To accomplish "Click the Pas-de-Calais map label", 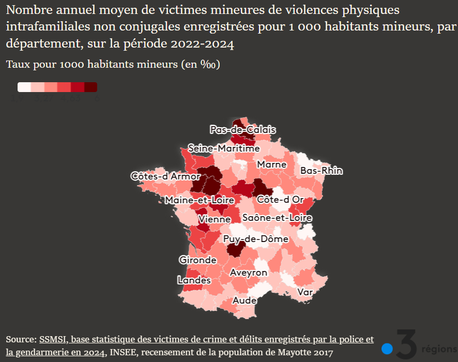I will [x=242, y=130].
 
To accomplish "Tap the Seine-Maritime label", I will [x=224, y=148].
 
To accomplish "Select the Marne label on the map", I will [x=272, y=164].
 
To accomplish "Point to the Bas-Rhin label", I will [x=322, y=171].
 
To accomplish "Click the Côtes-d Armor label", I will [x=165, y=176].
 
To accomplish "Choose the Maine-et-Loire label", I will [x=200, y=200].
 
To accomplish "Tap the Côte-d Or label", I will [x=280, y=200].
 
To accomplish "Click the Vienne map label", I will [x=215, y=219].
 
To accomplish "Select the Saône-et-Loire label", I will [x=277, y=218].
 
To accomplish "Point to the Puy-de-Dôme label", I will [x=256, y=239].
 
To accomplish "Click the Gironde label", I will [x=197, y=260].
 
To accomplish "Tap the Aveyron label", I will [x=249, y=273].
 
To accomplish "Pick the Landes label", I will [x=194, y=280].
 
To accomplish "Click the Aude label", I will [x=245, y=300].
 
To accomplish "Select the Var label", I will [x=305, y=292].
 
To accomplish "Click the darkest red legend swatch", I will [x=91, y=87].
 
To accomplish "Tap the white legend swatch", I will [x=24, y=87].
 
